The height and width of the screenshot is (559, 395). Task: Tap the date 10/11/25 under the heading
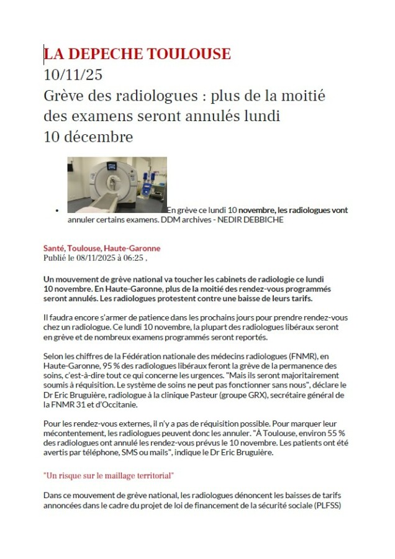click(x=73, y=76)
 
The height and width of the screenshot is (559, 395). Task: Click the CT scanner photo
click(x=117, y=184)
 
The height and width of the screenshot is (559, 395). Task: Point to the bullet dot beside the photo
click(x=57, y=211)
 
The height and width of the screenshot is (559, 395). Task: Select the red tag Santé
click(x=54, y=248)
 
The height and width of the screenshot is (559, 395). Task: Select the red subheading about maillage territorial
click(x=109, y=476)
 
